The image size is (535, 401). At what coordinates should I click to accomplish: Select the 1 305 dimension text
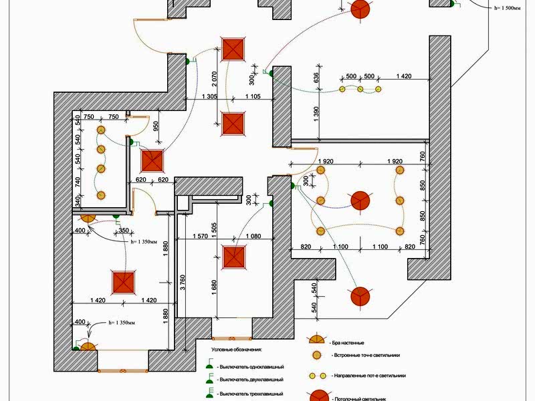209,97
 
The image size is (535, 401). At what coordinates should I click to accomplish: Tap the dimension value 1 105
253,97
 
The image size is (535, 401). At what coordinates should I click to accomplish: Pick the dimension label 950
156,128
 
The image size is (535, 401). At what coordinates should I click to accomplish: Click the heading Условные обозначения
237,350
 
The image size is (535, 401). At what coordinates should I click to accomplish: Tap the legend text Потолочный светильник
361,397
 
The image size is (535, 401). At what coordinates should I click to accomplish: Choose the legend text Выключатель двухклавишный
251,380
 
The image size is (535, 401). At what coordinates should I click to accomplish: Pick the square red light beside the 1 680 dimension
234,258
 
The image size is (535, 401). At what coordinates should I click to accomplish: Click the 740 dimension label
78,181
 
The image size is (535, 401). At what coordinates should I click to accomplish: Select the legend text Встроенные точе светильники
369,356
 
